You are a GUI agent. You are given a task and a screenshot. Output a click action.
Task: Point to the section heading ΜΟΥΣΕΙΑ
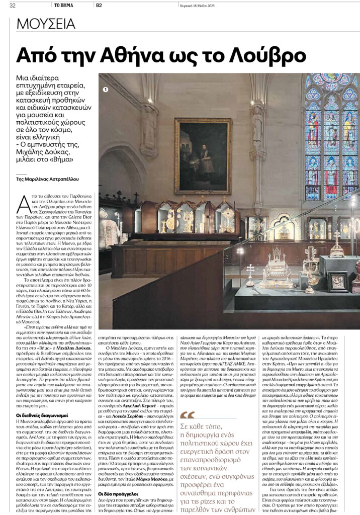tap(46, 23)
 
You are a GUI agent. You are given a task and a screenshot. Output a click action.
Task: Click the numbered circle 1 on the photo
tap(106, 90)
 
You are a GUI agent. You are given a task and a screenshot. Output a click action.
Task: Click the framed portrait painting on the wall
tap(203, 156)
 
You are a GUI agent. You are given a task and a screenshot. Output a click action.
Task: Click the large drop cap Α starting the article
tap(22, 204)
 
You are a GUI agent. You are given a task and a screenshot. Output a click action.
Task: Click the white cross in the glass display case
tap(250, 275)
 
